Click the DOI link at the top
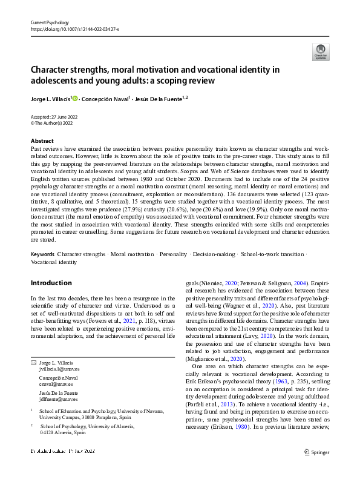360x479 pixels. [x=74, y=28]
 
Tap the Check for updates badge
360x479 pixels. [x=321, y=53]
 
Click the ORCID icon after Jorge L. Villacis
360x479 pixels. [x=75, y=97]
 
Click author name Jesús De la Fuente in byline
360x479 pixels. [x=155, y=97]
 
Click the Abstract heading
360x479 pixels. [x=42, y=140]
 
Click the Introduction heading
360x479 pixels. [x=51, y=283]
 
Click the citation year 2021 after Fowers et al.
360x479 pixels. [x=125, y=314]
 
